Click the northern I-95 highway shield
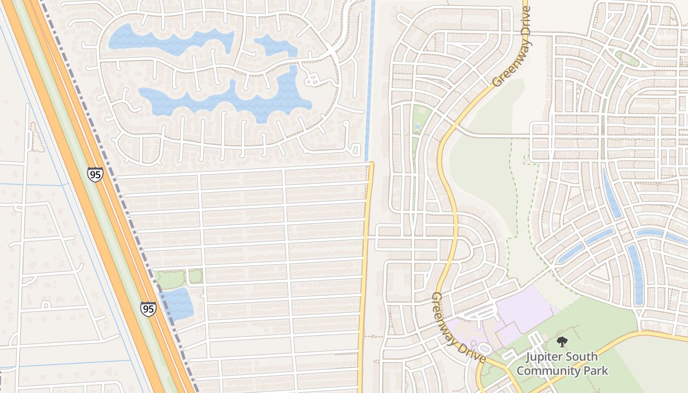[95, 174]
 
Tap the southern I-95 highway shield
[148, 309]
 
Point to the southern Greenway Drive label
[458, 328]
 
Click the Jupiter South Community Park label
[562, 364]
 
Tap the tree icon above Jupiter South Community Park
[562, 342]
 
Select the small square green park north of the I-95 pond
[195, 276]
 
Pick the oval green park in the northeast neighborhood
[627, 58]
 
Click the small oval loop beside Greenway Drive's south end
[484, 348]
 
